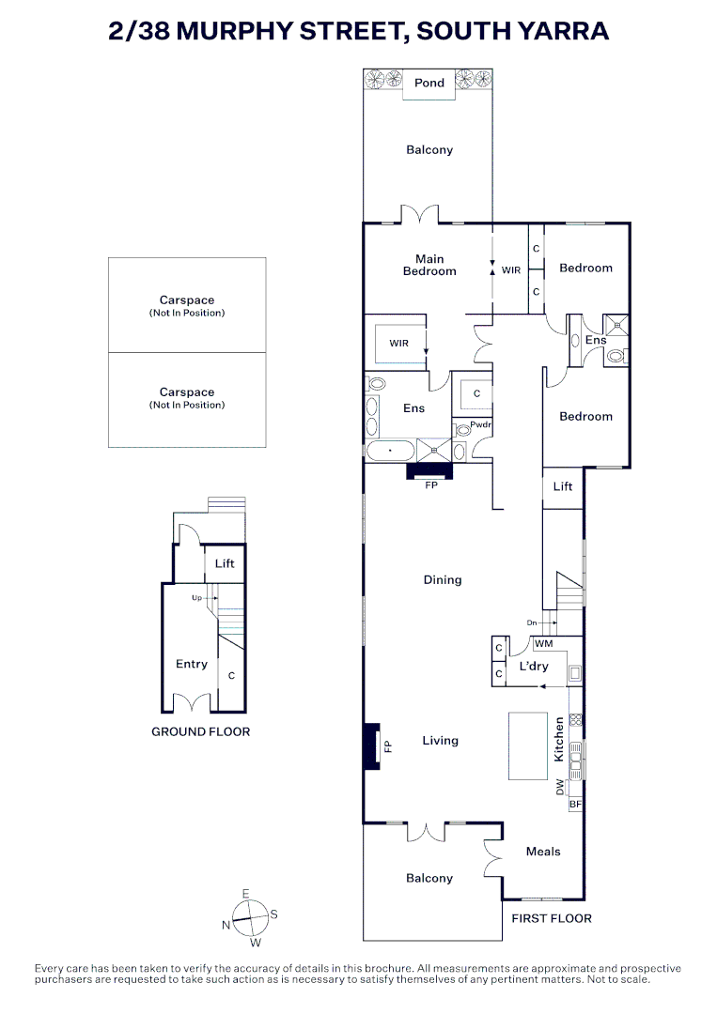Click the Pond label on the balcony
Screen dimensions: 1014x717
click(429, 83)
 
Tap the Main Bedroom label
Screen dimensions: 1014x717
click(429, 265)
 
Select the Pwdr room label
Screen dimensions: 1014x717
click(481, 425)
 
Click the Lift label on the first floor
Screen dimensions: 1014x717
click(563, 486)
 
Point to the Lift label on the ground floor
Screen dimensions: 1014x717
click(225, 563)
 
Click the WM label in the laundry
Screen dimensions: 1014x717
click(543, 644)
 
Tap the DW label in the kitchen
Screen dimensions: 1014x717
click(561, 787)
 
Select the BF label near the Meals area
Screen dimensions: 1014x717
click(575, 805)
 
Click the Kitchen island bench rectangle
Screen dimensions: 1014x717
click(527, 745)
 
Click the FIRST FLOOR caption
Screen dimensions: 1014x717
click(552, 918)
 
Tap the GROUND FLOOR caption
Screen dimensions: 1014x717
click(201, 731)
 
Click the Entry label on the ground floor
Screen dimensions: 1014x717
click(192, 664)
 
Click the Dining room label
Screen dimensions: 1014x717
click(443, 580)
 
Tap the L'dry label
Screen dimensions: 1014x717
click(534, 667)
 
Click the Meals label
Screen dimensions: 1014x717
click(543, 852)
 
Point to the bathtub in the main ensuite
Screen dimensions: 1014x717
click(387, 452)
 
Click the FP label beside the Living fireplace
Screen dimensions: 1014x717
click(386, 746)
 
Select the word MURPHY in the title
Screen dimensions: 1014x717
click(250, 31)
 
